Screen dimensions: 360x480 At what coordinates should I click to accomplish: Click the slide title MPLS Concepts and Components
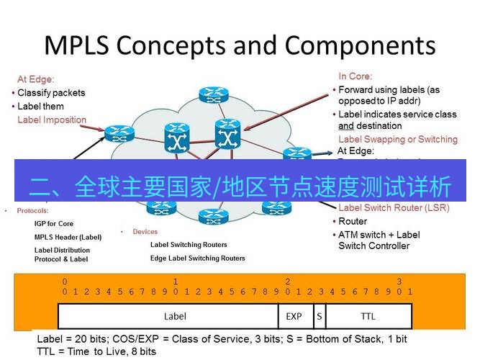coord(240,45)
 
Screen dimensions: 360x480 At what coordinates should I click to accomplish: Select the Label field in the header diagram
coord(175,316)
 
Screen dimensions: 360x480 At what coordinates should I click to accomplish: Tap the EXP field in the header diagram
coord(294,316)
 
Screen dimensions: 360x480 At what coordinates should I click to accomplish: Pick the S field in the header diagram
coord(319,316)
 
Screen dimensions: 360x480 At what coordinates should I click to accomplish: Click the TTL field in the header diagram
coord(368,316)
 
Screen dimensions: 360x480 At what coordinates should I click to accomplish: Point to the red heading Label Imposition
coord(52,120)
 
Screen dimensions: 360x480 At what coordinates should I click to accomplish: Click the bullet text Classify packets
coord(50,93)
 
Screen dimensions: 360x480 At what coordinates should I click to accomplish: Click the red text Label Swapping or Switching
coord(397,139)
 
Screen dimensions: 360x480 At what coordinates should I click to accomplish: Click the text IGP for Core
coord(54,224)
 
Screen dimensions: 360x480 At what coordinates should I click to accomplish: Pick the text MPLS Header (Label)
coord(68,237)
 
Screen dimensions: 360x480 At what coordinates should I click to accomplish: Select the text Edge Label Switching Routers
coord(197,258)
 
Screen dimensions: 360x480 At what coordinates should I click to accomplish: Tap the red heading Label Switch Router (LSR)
coord(394,208)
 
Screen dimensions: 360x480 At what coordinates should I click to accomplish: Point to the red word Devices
coord(145,232)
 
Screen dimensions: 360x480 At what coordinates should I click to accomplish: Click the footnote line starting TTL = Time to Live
coord(96,351)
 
